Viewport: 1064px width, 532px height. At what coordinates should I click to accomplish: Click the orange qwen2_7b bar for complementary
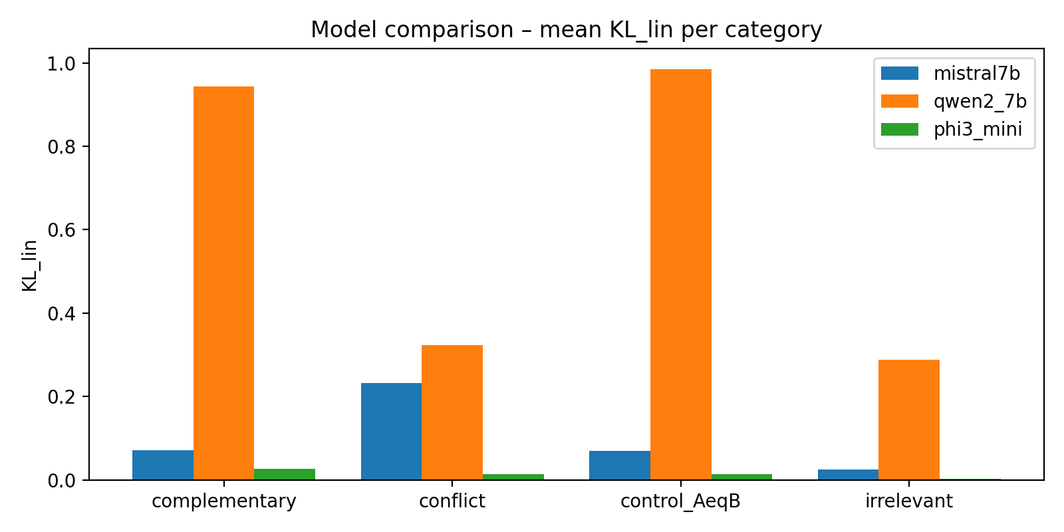tap(223, 283)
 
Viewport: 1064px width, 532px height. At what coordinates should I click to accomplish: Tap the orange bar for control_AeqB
tap(680, 274)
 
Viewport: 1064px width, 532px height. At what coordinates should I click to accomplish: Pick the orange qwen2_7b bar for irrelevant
tap(908, 420)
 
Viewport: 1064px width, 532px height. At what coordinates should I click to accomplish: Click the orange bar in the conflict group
tap(452, 412)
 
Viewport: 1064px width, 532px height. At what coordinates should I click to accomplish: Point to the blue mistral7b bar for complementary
tap(163, 465)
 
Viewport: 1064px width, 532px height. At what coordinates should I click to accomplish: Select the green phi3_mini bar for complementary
tap(285, 474)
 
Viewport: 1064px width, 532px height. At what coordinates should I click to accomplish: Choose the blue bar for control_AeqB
tap(620, 465)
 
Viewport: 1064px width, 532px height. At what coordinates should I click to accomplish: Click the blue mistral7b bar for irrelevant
tap(848, 474)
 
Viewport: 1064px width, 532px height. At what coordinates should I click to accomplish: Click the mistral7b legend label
tap(976, 73)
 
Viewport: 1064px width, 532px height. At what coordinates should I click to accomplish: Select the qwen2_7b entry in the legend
tap(980, 101)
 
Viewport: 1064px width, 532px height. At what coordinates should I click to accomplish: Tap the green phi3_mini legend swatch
tap(899, 129)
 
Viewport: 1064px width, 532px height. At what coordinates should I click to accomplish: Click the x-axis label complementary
tap(223, 501)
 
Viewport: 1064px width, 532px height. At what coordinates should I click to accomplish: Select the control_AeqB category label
tap(680, 501)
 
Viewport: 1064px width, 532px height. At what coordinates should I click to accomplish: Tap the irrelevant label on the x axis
tap(908, 501)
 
